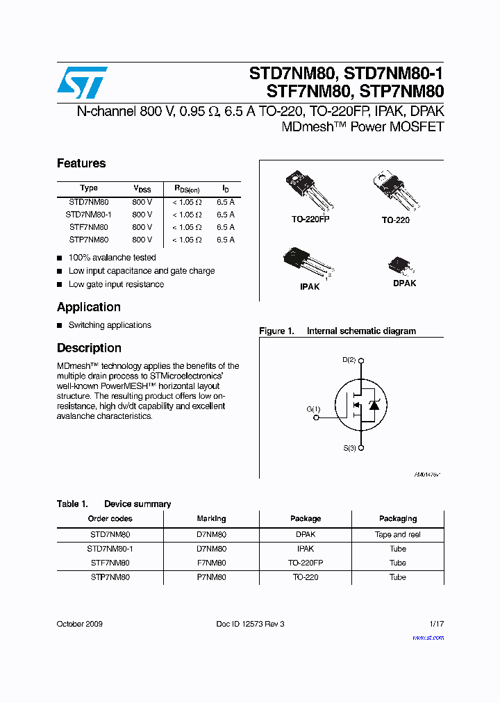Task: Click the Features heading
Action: click(81, 163)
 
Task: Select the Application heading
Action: click(88, 307)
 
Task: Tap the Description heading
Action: click(89, 348)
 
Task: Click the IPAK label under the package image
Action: click(310, 286)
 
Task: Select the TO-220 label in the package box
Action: click(395, 220)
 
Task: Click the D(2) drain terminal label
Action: click(349, 360)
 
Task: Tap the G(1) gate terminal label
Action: click(313, 409)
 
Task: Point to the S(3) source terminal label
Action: click(349, 449)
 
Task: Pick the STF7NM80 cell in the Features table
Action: click(88, 227)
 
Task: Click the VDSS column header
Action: click(142, 188)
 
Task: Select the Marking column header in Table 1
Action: click(211, 518)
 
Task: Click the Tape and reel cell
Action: click(397, 535)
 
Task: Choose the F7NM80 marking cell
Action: click(211, 563)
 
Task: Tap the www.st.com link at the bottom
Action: click(428, 637)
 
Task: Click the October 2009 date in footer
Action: click(79, 624)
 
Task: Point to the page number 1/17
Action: click(435, 624)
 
